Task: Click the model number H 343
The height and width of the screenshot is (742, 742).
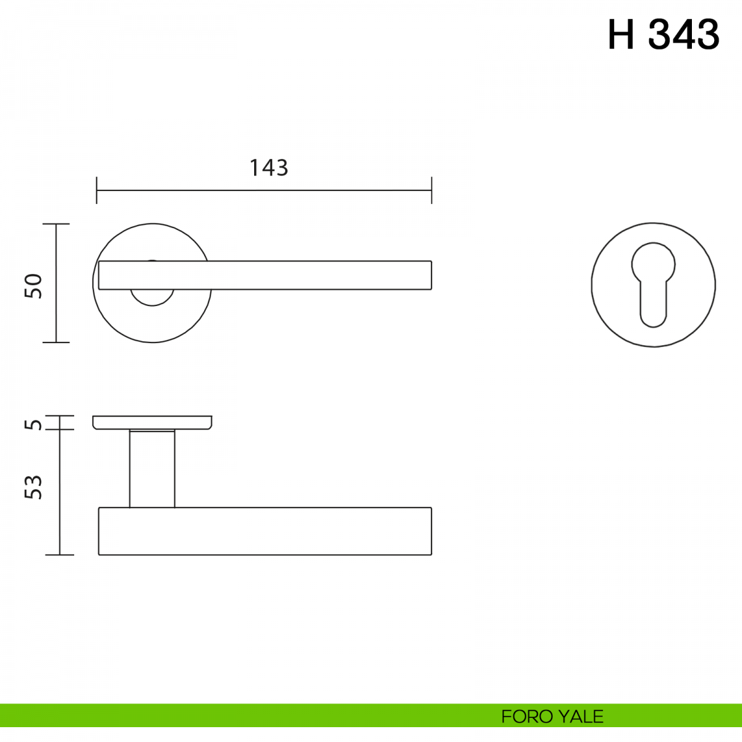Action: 663,35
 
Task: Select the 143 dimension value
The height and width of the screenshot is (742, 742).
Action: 269,168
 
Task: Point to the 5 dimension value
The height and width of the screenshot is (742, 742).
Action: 33,425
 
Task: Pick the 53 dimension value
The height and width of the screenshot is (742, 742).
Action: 33,487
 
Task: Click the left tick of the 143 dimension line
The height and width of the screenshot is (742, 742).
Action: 96,190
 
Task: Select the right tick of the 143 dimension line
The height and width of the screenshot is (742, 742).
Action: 432,190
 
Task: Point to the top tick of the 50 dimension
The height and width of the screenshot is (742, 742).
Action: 56,224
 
